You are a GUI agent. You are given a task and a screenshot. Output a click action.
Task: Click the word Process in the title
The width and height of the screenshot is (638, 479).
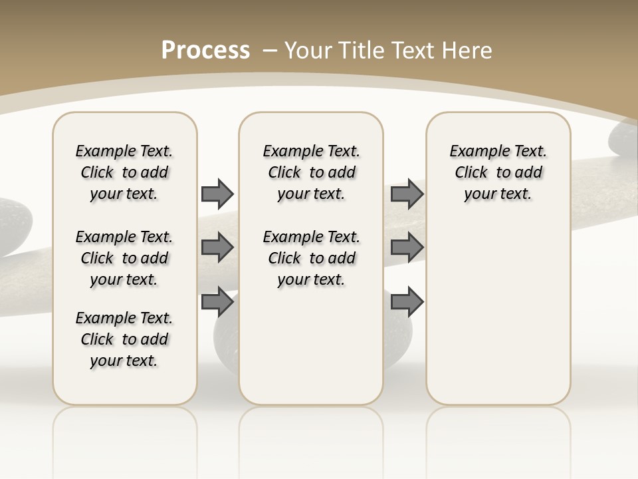click(205, 50)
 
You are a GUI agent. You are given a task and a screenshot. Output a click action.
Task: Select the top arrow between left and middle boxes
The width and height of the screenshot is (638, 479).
click(217, 194)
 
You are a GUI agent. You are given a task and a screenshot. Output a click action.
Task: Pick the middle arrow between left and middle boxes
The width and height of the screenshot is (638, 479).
click(217, 247)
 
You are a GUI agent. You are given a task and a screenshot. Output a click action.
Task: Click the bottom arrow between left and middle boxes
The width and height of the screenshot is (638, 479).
click(217, 302)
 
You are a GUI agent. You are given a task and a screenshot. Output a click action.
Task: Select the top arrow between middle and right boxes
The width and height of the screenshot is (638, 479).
click(407, 194)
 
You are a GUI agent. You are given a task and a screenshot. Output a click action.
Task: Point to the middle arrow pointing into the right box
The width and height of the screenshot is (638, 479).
click(407, 247)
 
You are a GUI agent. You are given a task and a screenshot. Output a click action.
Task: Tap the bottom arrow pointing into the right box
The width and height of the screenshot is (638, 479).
click(407, 302)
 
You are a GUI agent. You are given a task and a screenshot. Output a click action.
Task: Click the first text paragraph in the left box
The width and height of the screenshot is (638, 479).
click(124, 172)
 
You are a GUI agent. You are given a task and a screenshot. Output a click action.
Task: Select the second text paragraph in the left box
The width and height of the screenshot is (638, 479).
click(124, 258)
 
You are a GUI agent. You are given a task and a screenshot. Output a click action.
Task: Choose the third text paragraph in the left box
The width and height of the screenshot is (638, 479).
click(124, 339)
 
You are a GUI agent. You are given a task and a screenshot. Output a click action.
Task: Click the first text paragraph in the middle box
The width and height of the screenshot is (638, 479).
click(312, 172)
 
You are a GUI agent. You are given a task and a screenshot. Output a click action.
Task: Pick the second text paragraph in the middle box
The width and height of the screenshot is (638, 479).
click(312, 258)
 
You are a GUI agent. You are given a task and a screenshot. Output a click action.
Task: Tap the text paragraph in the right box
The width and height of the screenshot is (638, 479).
click(498, 172)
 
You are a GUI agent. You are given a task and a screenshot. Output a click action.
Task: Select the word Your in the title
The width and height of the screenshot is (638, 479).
click(307, 50)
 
